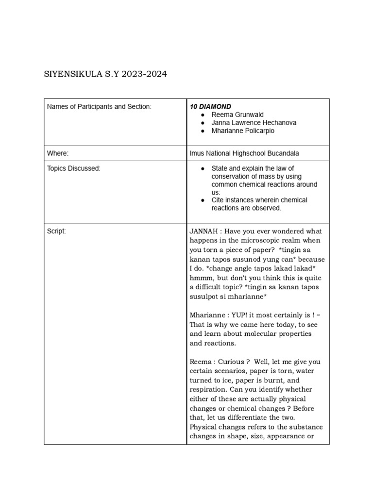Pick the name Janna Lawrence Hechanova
click(254, 123)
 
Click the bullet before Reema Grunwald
click(202, 115)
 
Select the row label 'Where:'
click(58, 153)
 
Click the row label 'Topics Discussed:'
click(73, 168)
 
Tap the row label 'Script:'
click(56, 232)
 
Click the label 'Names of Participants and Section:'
click(99, 106)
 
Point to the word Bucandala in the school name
click(283, 153)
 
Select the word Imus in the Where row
click(197, 153)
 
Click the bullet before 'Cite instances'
click(202, 200)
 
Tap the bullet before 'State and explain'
click(202, 168)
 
